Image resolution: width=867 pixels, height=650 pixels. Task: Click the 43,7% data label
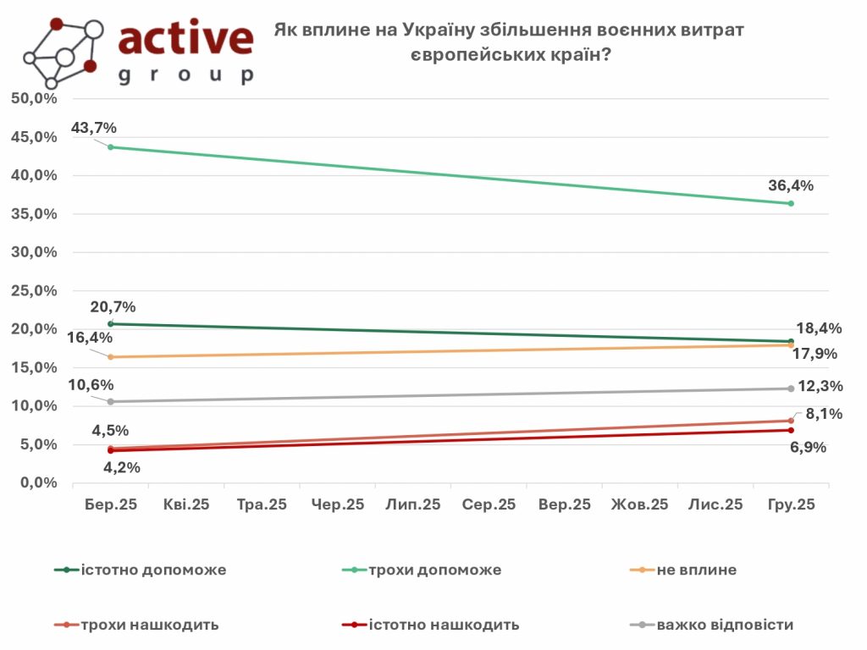pos(93,128)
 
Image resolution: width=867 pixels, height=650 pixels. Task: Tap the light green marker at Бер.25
pos(111,147)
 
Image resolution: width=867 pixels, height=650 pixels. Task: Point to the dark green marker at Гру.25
pos(791,342)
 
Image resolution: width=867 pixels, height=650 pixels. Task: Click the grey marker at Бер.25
pos(111,401)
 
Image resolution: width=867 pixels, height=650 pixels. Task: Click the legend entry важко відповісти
pos(725,625)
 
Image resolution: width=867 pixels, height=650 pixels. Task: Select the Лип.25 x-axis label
pos(413,504)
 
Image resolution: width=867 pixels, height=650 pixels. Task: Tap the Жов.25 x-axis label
pos(640,504)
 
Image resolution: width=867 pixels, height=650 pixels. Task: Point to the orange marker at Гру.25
pos(791,345)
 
